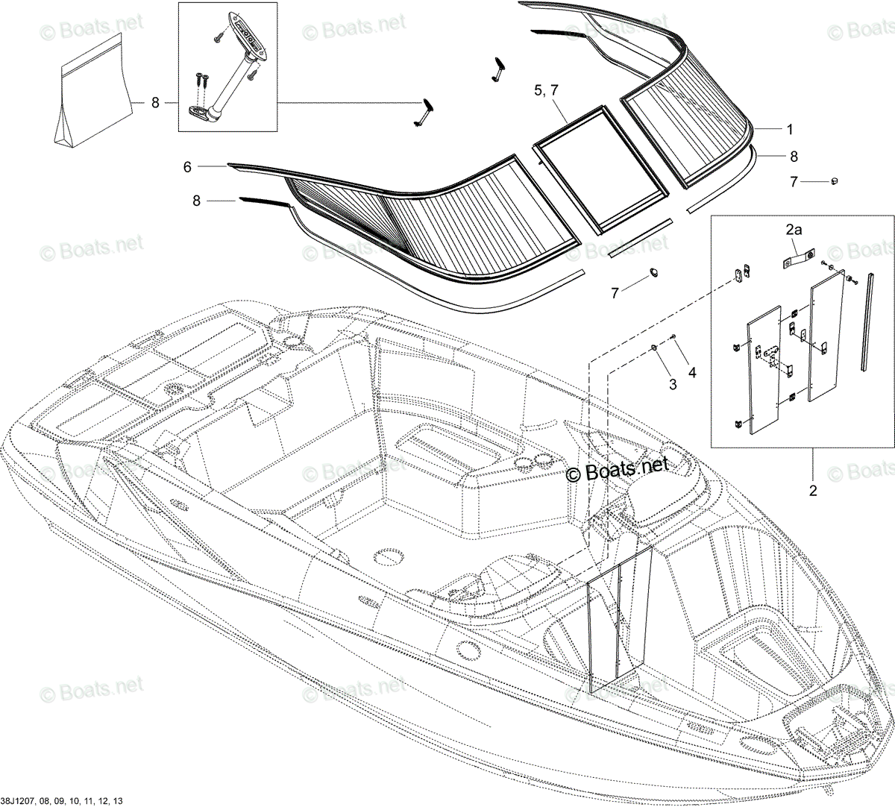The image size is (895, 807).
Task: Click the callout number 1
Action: pyautogui.click(x=790, y=130)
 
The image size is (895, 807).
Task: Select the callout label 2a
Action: pyautogui.click(x=794, y=230)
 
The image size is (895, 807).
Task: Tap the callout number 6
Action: pyautogui.click(x=187, y=167)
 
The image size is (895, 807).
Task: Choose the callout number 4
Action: pyautogui.click(x=692, y=372)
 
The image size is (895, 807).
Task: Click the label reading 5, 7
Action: pyautogui.click(x=546, y=90)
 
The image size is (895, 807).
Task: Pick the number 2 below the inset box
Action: pyautogui.click(x=813, y=491)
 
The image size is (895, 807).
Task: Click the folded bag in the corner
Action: pyautogui.click(x=94, y=90)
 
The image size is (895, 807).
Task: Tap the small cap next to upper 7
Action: pyautogui.click(x=835, y=181)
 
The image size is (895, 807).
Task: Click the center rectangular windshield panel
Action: pyautogui.click(x=600, y=169)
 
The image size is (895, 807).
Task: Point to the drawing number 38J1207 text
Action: pyautogui.click(x=62, y=801)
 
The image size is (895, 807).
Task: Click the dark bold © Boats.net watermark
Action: pyautogui.click(x=617, y=470)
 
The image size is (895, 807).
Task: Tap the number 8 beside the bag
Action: pyautogui.click(x=155, y=103)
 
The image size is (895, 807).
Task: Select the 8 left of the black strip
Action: pyautogui.click(x=196, y=201)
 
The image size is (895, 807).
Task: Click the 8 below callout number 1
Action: pyautogui.click(x=794, y=156)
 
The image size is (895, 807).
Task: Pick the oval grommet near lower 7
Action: pyautogui.click(x=653, y=271)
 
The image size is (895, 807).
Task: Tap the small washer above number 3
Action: pyautogui.click(x=654, y=348)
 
